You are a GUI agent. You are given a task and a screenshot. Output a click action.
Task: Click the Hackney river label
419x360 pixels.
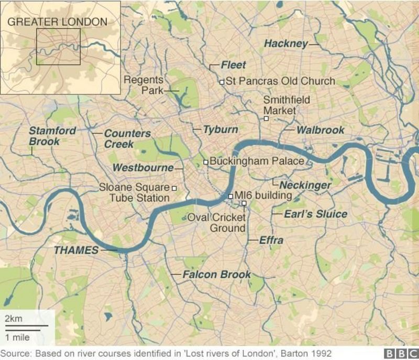285,44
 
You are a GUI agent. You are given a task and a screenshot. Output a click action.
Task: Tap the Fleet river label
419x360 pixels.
233,66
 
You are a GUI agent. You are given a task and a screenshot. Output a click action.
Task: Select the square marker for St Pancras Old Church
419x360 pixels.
222,82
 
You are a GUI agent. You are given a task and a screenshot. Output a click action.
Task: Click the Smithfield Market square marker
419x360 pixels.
266,119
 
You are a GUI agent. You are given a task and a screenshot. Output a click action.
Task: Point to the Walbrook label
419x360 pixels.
320,130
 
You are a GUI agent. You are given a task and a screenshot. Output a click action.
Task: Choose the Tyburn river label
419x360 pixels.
220,129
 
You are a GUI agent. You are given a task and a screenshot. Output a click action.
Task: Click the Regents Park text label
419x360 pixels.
144,85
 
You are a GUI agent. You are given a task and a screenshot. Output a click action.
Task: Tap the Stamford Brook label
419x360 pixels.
52,136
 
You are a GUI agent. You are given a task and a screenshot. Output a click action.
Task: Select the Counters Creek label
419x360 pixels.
127,138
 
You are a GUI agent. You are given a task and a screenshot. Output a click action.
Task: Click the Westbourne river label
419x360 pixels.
143,168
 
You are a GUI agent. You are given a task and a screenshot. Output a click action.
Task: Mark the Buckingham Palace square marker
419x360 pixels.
206,161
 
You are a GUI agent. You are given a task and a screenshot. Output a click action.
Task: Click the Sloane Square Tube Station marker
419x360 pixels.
174,188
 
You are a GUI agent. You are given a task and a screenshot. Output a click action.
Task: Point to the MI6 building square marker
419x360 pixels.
230,196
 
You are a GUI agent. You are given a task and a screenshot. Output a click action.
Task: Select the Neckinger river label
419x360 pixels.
305,186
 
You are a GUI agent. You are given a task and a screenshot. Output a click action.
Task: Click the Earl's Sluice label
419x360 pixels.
315,214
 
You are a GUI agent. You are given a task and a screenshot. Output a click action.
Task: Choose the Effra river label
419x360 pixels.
271,241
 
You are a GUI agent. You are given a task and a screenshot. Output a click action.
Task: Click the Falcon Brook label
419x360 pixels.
216,275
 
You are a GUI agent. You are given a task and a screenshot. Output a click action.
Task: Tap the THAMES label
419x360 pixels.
76,250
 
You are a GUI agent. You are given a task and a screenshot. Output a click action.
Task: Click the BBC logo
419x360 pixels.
400,353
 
